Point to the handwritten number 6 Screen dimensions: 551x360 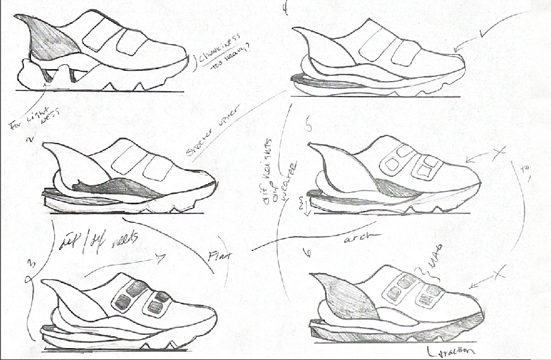308,253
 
